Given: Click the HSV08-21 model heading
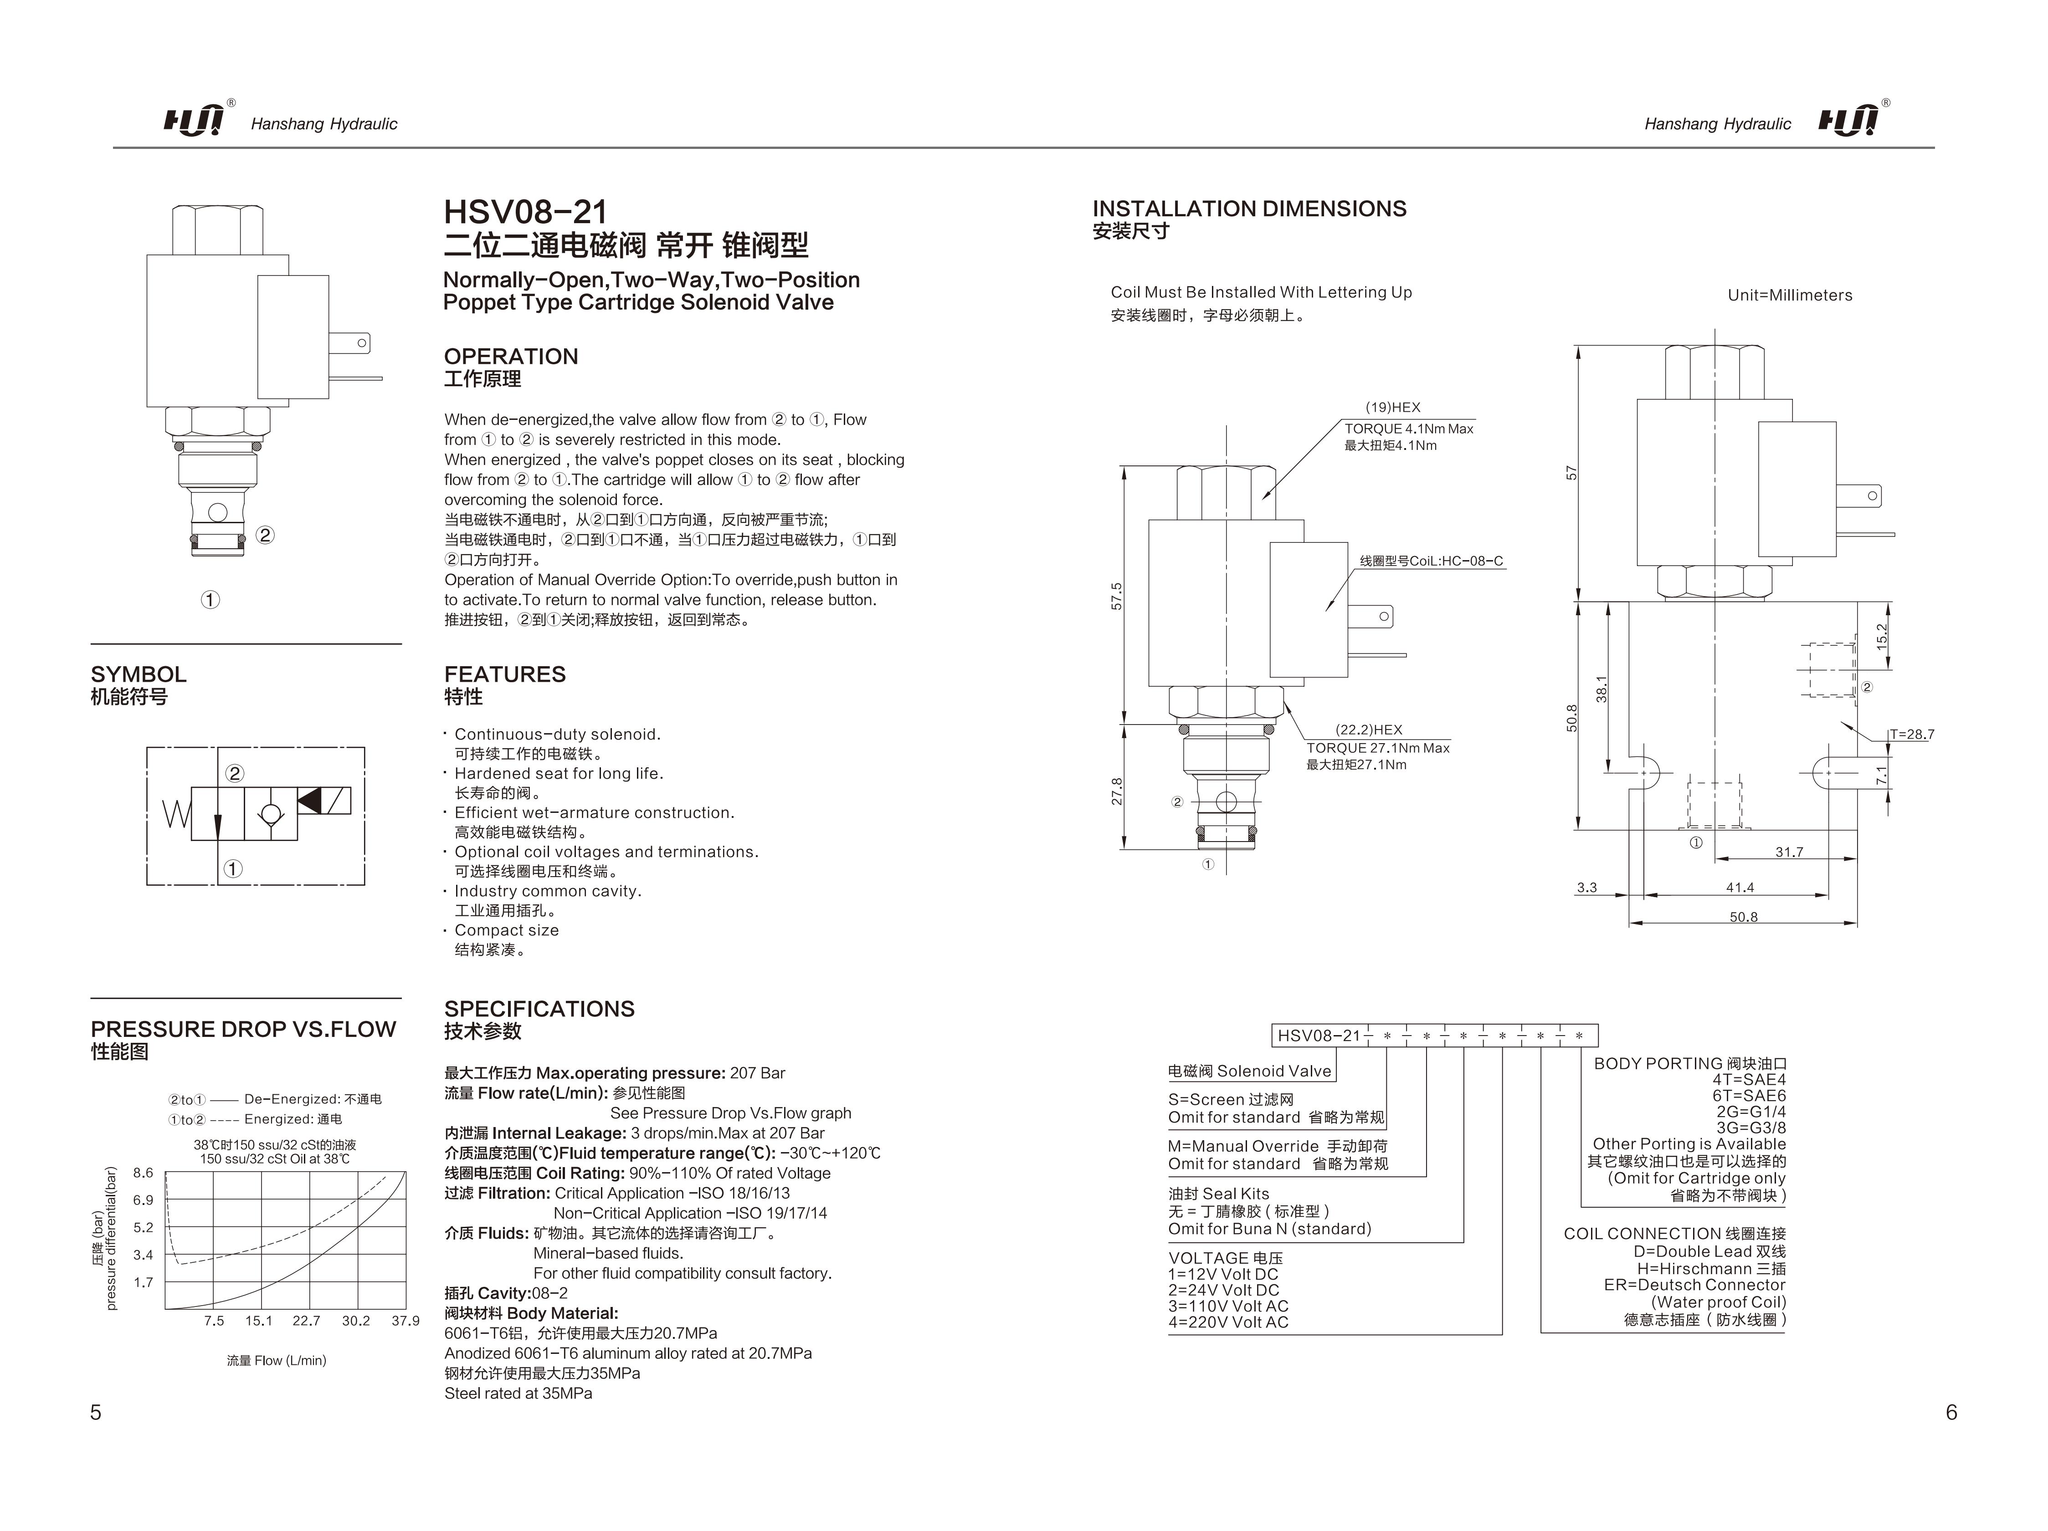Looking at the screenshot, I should tap(525, 212).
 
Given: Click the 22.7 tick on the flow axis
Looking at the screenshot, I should tap(306, 1321).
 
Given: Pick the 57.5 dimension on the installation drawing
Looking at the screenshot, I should tap(1117, 595).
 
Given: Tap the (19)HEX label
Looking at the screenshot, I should tap(1392, 407).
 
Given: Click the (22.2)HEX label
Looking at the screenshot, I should tap(1368, 730).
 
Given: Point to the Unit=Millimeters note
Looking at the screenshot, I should tap(1790, 295).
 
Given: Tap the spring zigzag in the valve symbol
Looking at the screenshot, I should tap(176, 814).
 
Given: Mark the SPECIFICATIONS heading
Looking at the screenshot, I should tap(539, 1009).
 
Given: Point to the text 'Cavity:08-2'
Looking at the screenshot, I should tap(506, 1293).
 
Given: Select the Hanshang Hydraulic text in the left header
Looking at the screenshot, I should tap(324, 124).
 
